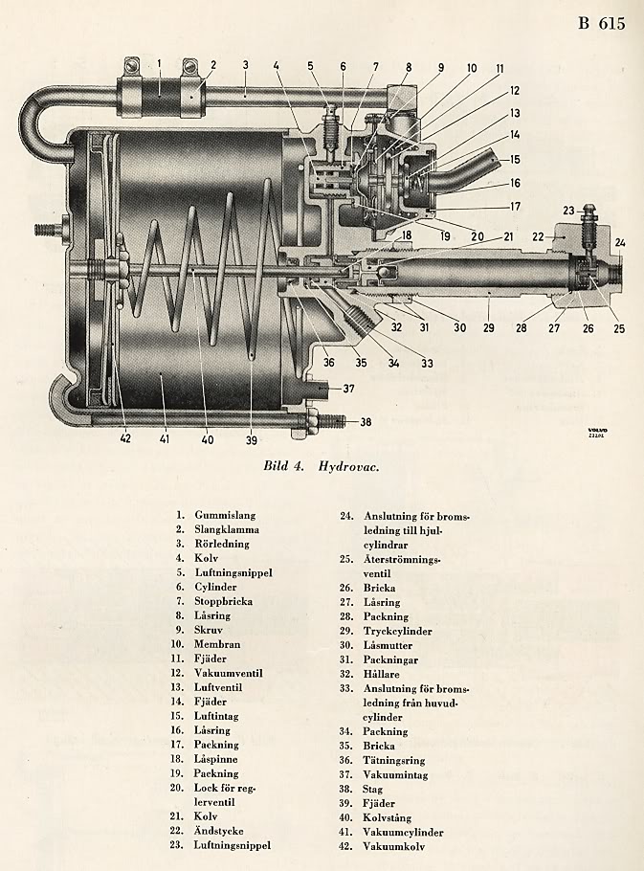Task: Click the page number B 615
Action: coord(601,22)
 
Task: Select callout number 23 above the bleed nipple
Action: coord(566,211)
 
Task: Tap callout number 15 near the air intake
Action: coord(514,160)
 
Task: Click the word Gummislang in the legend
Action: coord(226,514)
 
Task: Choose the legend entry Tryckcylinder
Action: coord(397,631)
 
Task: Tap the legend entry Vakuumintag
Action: coord(393,774)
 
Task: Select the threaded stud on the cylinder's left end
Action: coord(45,230)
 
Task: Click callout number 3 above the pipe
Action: coord(245,65)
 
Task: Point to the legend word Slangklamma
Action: coord(227,528)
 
